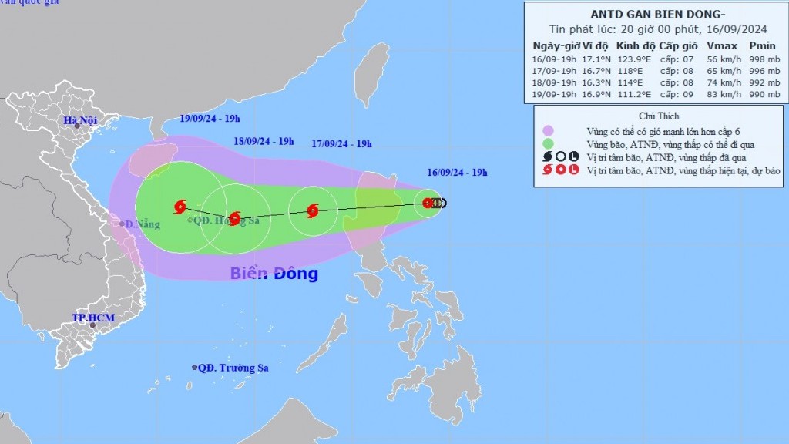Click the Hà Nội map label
82,120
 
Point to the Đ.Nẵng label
143,224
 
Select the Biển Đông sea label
274,274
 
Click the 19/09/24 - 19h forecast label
210,119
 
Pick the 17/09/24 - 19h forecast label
342,143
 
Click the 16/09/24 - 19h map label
458,173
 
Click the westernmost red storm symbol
180,206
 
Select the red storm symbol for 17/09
312,210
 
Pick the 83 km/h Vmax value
722,94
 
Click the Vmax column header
722,45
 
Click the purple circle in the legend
548,131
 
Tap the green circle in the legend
548,143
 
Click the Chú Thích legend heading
659,116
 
